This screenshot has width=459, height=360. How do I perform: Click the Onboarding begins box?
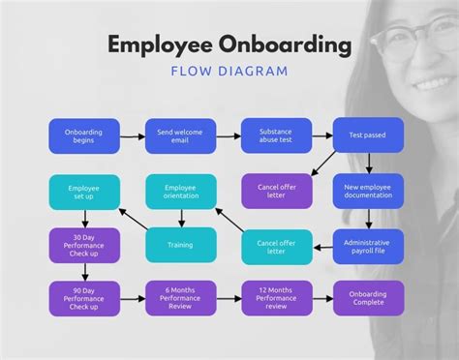84,135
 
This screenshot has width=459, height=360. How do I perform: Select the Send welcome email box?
180,135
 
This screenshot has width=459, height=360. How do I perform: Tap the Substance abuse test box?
277,135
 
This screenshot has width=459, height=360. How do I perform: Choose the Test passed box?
367,135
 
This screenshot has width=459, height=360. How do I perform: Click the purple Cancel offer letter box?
277,191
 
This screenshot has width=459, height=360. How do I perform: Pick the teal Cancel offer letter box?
277,246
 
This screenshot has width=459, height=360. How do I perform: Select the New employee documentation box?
367,191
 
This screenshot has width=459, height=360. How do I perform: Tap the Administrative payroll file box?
367,246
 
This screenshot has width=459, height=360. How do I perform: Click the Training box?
180,246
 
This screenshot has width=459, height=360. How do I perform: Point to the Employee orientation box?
180,192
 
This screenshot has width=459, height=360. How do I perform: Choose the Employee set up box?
84,192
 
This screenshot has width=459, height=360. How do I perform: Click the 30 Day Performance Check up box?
84,246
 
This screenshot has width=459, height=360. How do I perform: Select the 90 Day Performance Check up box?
84,298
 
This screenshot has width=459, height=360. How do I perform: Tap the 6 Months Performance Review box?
180,298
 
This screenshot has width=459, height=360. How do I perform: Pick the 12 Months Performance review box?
277,298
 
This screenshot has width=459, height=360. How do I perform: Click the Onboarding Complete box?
367,298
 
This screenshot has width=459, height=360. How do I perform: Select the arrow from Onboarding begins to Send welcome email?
132,135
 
